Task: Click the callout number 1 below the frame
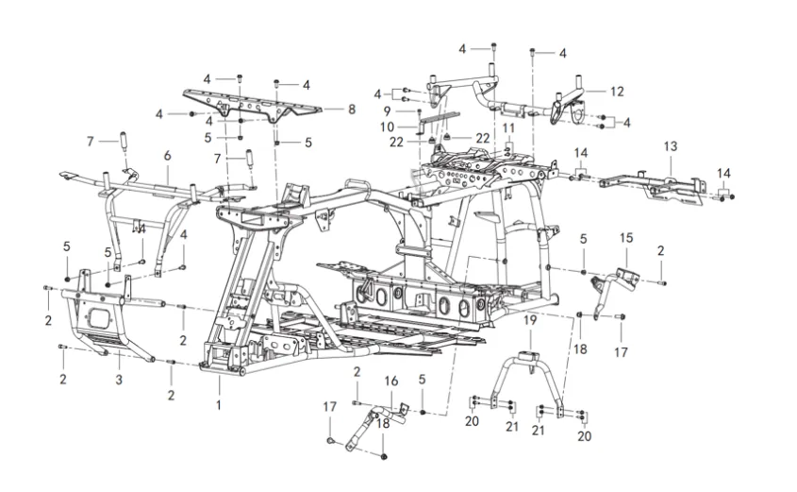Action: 219,405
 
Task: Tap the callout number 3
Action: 119,380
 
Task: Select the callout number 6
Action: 167,156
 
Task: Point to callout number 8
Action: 352,110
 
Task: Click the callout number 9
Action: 387,110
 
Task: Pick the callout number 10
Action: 387,127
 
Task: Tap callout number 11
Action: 508,127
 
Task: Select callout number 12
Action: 617,92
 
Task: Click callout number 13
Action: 671,146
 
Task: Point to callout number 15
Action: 626,238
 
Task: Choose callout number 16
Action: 390,382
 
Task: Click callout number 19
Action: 530,320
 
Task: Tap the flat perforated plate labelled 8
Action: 253,107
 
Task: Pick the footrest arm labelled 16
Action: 376,425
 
